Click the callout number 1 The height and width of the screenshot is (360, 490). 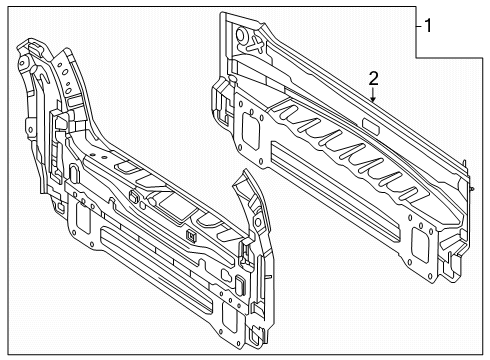click(x=428, y=26)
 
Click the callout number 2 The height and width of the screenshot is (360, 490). click(x=374, y=79)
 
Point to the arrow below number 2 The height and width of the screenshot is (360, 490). click(x=373, y=95)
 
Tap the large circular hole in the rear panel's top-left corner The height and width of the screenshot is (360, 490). click(x=241, y=35)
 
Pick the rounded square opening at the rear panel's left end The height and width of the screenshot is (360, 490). click(x=251, y=130)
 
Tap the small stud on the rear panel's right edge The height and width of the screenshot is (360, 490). click(x=472, y=189)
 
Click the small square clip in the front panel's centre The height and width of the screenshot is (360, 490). click(x=191, y=236)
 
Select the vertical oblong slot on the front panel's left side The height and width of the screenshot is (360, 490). click(x=74, y=172)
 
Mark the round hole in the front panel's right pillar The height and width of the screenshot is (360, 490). click(x=257, y=222)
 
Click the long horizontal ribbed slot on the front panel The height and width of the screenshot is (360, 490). click(x=156, y=271)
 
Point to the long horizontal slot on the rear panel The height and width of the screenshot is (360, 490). click(x=335, y=192)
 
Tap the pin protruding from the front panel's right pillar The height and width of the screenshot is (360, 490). click(x=269, y=277)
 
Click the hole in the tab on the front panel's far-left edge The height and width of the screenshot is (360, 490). click(x=30, y=129)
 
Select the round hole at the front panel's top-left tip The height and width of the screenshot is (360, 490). click(x=22, y=63)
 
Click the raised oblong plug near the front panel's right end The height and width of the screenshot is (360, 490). click(x=241, y=284)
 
